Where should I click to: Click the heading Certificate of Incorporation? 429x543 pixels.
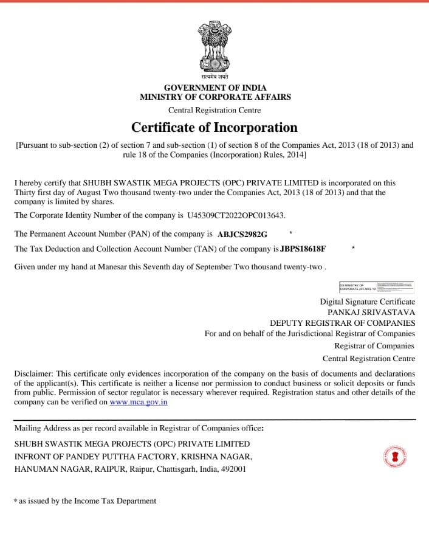click(x=214, y=128)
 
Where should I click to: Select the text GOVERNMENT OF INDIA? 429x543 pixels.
click(x=215, y=88)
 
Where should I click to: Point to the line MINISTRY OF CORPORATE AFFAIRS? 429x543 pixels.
click(x=215, y=97)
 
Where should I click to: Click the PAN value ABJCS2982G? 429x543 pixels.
click(x=242, y=234)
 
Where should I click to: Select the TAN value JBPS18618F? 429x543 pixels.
click(x=303, y=249)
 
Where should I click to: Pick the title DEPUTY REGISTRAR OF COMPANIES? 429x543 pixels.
click(x=343, y=323)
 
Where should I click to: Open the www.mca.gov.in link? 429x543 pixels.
click(x=139, y=402)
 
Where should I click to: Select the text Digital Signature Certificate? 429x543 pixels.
click(x=368, y=302)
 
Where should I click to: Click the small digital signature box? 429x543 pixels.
click(x=376, y=287)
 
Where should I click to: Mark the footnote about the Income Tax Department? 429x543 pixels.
click(x=85, y=501)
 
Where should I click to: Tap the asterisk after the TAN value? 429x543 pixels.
click(x=353, y=248)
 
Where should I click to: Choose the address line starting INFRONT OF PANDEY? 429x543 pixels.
click(x=133, y=457)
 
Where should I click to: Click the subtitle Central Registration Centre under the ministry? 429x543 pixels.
click(x=214, y=110)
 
